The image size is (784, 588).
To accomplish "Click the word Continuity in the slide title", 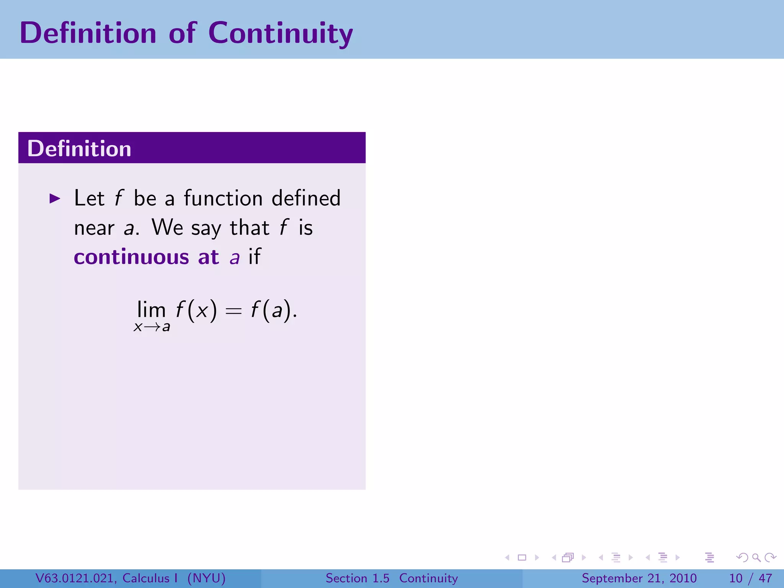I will tap(280, 33).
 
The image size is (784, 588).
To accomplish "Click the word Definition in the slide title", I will tap(88, 33).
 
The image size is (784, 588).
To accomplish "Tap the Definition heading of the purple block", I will tap(79, 149).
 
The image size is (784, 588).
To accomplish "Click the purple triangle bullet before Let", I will tap(55, 198).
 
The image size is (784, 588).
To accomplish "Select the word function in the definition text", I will tap(223, 198).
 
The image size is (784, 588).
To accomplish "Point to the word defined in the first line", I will tap(306, 198).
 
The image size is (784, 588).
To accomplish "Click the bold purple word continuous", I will tap(131, 257).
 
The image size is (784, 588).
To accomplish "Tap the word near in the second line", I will tap(94, 228).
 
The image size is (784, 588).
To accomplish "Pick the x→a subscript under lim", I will tap(152, 327).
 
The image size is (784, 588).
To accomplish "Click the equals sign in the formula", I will tap(234, 311).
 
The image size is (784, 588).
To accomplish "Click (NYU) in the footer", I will tap(206, 578).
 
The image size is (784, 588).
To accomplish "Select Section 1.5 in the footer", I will tap(357, 578).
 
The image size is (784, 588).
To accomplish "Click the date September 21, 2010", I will tap(639, 578).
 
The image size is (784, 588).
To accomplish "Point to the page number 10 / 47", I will tap(750, 578).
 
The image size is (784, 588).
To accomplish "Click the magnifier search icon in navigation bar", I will tap(756, 557).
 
